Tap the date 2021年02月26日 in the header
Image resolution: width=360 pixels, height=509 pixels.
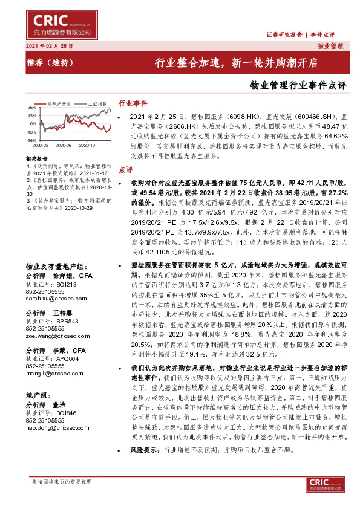click(49, 46)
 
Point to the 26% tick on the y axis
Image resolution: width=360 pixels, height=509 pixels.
click(31, 107)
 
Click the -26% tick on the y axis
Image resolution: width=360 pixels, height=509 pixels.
click(31, 140)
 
